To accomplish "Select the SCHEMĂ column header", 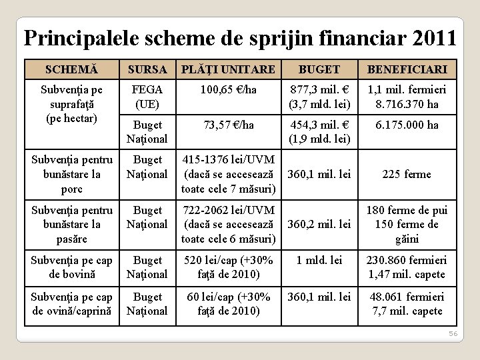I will (x=71, y=69).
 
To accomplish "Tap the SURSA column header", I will (x=147, y=69).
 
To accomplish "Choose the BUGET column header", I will (x=319, y=69).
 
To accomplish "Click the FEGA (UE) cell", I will (x=147, y=97).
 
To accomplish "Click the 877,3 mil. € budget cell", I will (x=319, y=97).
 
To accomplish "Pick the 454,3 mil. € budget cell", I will (x=319, y=132).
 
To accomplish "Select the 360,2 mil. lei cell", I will (x=319, y=224).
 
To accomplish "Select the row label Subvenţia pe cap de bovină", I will (x=71, y=267).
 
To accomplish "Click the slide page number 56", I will (x=453, y=333).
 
